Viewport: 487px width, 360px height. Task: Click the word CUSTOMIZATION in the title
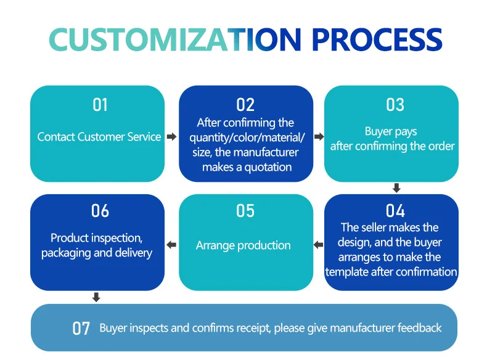pyautogui.click(x=175, y=39)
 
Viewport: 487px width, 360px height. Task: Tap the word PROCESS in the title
pyautogui.click(x=377, y=39)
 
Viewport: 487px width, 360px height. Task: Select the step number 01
pyautogui.click(x=100, y=105)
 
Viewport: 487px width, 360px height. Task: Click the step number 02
pyautogui.click(x=245, y=105)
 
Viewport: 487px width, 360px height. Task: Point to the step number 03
pyautogui.click(x=395, y=105)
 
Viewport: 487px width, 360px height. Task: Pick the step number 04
pyautogui.click(x=395, y=211)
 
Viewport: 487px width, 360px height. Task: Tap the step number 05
pyautogui.click(x=245, y=211)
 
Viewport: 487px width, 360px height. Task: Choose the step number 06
pyautogui.click(x=100, y=211)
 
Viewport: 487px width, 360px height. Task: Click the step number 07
pyautogui.click(x=81, y=329)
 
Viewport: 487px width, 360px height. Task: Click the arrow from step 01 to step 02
pyautogui.click(x=172, y=136)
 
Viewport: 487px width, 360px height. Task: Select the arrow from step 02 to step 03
pyautogui.click(x=319, y=136)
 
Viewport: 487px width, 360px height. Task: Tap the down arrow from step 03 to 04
pyautogui.click(x=396, y=187)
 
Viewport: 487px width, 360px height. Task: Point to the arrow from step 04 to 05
pyautogui.click(x=318, y=245)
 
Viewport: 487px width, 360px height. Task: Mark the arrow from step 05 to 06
pyautogui.click(x=171, y=245)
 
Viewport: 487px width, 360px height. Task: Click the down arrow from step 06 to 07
pyautogui.click(x=96, y=297)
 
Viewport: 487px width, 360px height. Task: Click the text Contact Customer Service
pyautogui.click(x=99, y=137)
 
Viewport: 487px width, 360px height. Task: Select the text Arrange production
pyautogui.click(x=243, y=245)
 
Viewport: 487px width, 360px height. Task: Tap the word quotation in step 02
pyautogui.click(x=268, y=168)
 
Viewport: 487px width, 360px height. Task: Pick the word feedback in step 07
pyautogui.click(x=420, y=328)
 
